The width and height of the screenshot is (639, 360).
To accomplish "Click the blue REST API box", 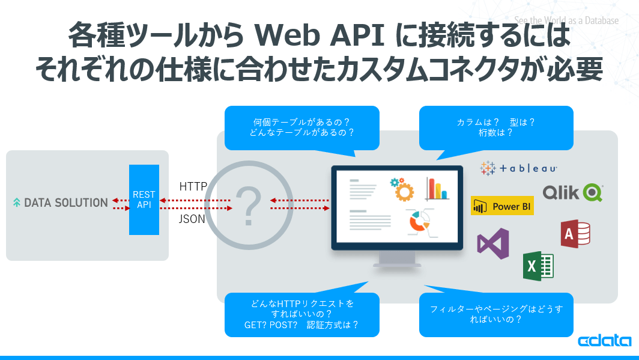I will [x=144, y=200].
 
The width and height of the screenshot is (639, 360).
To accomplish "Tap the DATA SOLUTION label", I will [x=61, y=203].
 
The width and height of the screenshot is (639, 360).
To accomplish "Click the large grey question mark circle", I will [x=248, y=204].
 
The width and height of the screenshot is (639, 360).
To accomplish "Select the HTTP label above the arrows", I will [x=193, y=187].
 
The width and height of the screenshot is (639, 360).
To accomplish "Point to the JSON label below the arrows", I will [x=192, y=219].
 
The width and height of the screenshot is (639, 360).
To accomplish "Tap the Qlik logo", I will [x=572, y=192].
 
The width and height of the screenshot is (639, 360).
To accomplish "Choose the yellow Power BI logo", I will [x=502, y=206].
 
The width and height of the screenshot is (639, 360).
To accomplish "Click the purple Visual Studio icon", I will [x=493, y=243].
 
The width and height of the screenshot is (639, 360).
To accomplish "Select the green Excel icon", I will [x=538, y=266].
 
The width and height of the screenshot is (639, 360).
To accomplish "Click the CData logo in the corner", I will [x=604, y=341].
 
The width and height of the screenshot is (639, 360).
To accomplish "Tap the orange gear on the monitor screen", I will [x=402, y=189].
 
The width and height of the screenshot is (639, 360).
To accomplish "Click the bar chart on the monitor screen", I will [x=437, y=189].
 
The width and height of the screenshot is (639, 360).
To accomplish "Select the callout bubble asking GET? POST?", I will [x=301, y=314].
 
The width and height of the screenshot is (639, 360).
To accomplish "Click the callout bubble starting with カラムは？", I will [x=496, y=127].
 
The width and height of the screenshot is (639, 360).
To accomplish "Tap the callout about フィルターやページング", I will [x=496, y=314].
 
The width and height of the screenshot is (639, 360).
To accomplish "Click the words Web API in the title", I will [x=320, y=36].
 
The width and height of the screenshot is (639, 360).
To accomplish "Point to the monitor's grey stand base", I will [x=396, y=264].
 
